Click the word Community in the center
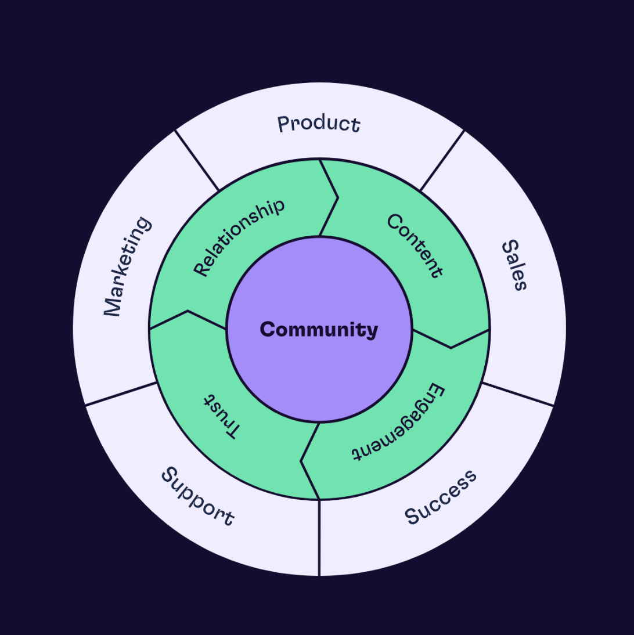(319, 330)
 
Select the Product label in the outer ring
(319, 124)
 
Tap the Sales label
(514, 265)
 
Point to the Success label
(441, 497)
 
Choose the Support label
(197, 497)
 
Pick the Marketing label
(127, 267)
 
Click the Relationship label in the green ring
(239, 237)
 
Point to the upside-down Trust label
(221, 417)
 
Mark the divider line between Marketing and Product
(197, 161)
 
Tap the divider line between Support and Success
(319, 537)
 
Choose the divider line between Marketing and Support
(121, 394)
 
